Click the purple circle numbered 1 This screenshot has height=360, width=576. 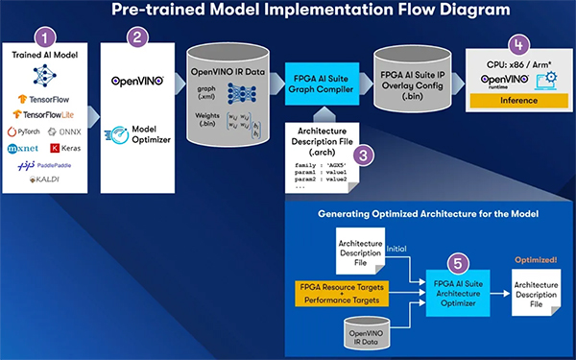tap(41, 37)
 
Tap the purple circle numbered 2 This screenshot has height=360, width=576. tap(138, 37)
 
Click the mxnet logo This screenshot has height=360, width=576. tap(27, 148)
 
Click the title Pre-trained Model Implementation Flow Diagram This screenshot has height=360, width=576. tap(288, 12)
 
